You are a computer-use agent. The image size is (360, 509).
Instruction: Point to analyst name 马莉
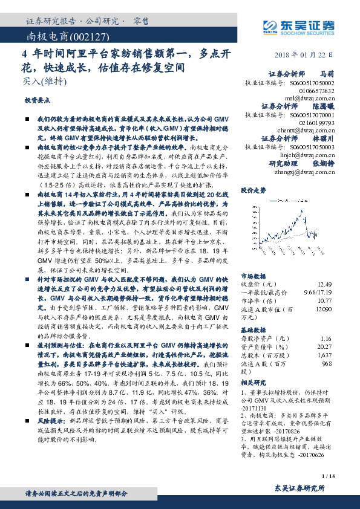coord(326,73)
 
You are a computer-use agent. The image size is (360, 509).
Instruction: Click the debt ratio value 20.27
coord(326,348)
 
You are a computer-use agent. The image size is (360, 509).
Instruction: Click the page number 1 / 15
coord(329,476)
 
